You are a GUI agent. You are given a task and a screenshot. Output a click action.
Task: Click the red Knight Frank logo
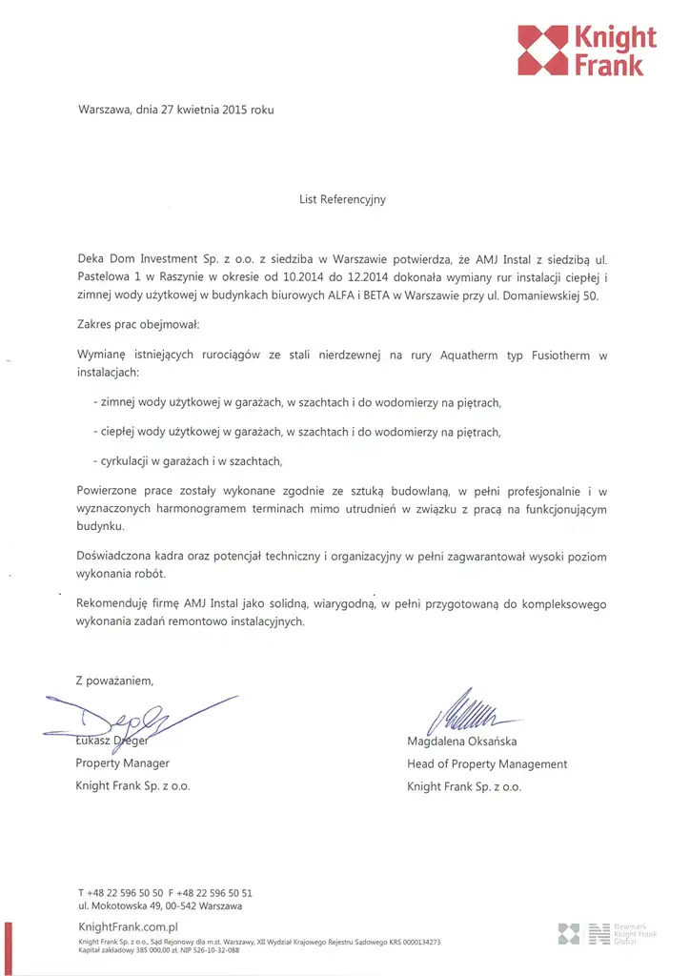[x=586, y=51]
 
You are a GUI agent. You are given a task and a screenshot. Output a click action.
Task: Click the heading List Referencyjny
[x=342, y=200]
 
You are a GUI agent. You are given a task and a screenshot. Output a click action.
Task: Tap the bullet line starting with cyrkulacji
[x=188, y=461]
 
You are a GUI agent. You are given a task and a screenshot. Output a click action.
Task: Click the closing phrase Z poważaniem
[x=113, y=681]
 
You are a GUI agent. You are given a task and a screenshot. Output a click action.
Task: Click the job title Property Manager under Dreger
[x=122, y=763]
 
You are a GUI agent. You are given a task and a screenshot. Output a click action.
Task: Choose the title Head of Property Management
[x=486, y=764]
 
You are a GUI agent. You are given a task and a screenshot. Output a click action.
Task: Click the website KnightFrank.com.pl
[x=128, y=926]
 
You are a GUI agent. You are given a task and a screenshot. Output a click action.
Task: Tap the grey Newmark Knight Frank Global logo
[x=607, y=933]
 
